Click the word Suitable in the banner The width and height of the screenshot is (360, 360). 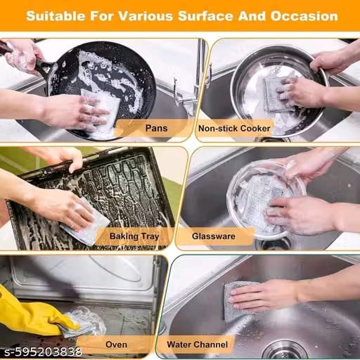click(x=56, y=16)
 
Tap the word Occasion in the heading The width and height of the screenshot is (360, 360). click(x=304, y=16)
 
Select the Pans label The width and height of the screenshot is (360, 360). click(x=156, y=128)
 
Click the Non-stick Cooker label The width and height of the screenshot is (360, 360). click(x=234, y=129)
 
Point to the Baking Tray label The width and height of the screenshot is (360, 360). click(x=134, y=236)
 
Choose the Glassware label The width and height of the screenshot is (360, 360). click(x=214, y=236)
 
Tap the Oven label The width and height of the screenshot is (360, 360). click(x=116, y=345)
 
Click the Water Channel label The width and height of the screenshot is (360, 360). click(x=198, y=345)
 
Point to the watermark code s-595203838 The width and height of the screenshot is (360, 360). click(x=43, y=352)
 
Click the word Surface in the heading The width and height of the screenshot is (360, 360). click(x=205, y=16)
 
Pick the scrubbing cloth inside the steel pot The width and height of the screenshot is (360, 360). click(x=276, y=94)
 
